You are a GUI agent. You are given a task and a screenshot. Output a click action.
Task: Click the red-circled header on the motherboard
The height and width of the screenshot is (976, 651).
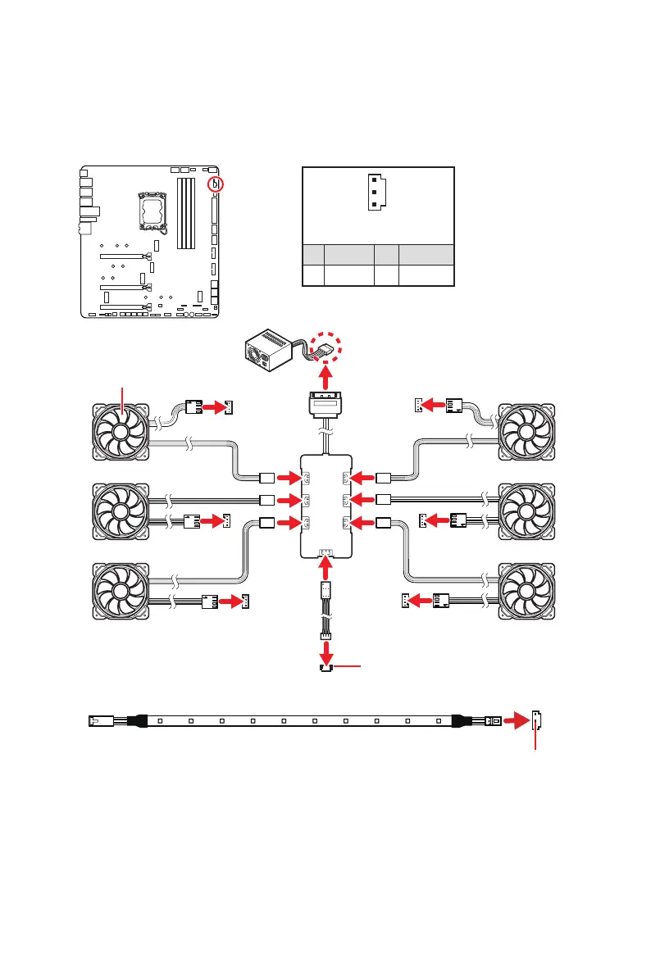(x=215, y=184)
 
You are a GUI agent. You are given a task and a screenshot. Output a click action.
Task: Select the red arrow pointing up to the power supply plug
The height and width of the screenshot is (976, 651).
(x=327, y=378)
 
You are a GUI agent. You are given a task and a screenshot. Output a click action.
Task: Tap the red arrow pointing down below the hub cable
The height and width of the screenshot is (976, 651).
(x=327, y=652)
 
